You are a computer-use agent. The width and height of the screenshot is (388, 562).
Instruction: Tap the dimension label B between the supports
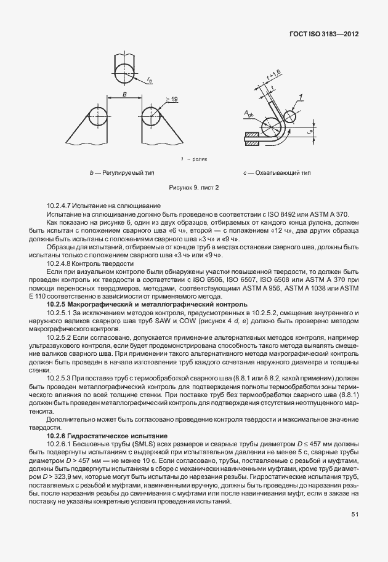click(x=125, y=94)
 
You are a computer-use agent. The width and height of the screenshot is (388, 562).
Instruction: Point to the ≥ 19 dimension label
click(x=171, y=99)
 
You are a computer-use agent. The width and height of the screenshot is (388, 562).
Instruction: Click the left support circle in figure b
click(x=97, y=117)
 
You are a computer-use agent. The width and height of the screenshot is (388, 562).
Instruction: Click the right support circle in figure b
click(x=152, y=117)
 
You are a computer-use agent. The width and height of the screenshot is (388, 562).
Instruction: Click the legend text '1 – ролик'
click(x=194, y=159)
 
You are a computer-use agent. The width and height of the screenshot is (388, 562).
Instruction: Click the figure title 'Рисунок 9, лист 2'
click(x=194, y=187)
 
